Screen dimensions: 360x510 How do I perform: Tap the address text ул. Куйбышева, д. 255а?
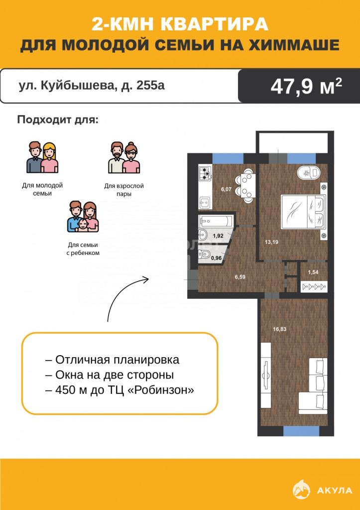92,86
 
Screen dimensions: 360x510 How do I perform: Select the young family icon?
42,157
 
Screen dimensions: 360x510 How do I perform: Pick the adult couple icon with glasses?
124,157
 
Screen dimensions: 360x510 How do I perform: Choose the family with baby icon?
83,216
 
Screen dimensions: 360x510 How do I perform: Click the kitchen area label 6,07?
226,189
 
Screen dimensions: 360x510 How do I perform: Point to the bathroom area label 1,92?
218,236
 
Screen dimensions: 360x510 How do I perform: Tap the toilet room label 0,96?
217,258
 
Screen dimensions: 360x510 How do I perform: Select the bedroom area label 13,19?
271,242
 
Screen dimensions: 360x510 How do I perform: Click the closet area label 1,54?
313,272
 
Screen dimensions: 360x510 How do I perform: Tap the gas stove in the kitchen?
206,174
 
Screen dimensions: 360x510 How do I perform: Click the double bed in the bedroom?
303,211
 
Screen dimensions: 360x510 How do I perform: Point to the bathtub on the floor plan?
216,222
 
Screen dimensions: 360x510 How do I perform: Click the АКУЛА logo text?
335,491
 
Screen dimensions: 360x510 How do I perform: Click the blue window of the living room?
301,431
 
